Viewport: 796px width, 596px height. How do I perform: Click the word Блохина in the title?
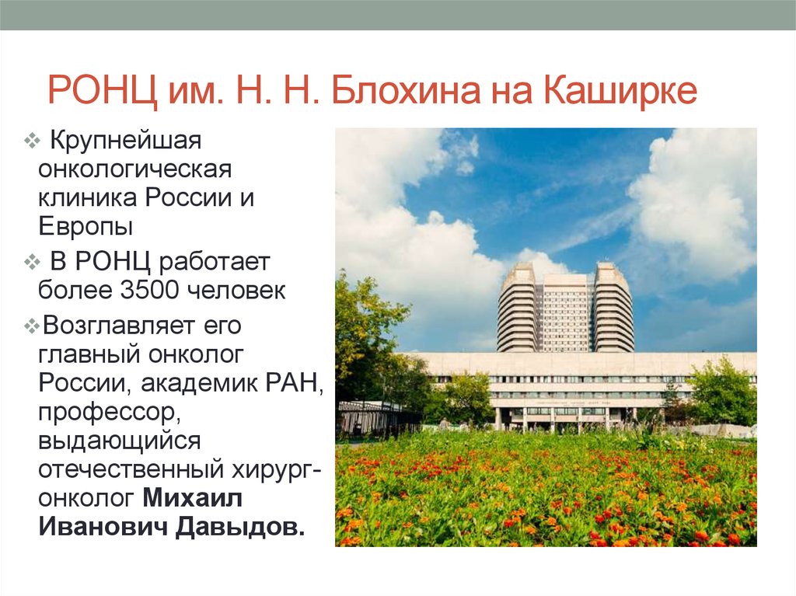405,91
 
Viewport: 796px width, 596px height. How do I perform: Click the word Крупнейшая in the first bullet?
125,141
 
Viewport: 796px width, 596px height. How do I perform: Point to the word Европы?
86,226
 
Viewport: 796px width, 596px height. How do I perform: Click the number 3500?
150,290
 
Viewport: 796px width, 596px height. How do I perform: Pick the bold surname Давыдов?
240,526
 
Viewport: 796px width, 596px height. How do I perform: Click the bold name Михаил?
192,498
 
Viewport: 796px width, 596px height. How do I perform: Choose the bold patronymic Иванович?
103,526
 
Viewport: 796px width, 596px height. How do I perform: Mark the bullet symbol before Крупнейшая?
31,141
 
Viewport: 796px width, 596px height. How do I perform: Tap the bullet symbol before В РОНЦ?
31,262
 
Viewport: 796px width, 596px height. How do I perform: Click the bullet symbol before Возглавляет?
31,326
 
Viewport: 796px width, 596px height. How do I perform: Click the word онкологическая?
134,169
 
